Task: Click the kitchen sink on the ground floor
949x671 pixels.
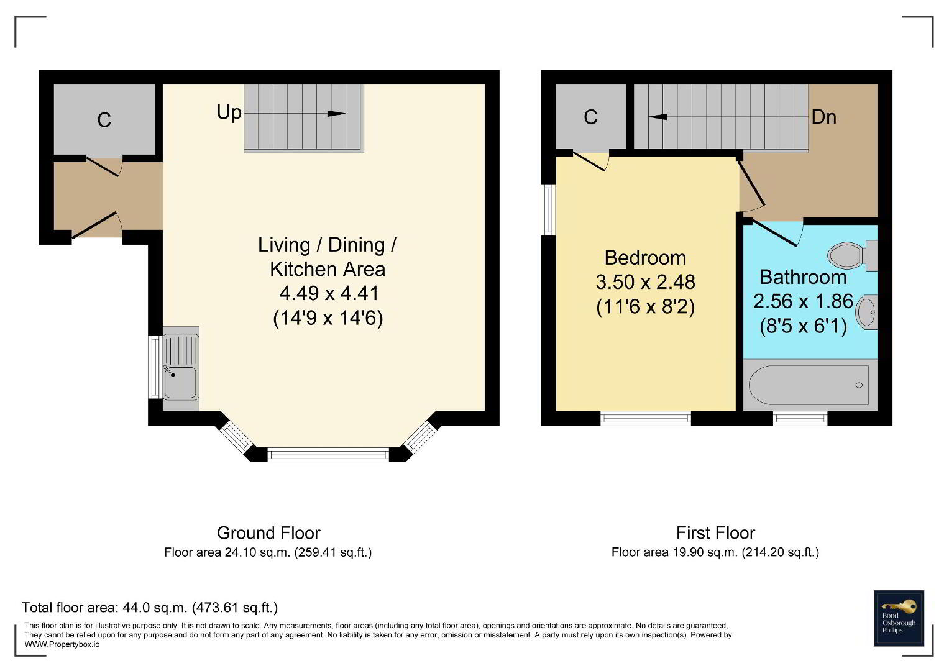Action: click(180, 368)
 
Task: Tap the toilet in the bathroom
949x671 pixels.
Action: click(852, 255)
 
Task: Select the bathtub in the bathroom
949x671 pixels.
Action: click(810, 385)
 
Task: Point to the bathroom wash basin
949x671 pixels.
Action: click(866, 313)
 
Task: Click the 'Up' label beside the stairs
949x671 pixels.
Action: click(229, 113)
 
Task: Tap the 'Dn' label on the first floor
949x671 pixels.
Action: click(824, 117)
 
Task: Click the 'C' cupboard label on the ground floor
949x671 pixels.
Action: click(104, 120)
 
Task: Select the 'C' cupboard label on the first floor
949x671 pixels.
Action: click(590, 117)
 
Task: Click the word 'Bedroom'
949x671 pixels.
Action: click(645, 258)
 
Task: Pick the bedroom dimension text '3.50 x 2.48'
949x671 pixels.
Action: click(645, 282)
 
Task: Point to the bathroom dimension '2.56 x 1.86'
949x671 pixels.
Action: click(803, 301)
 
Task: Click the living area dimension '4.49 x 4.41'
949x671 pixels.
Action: click(329, 293)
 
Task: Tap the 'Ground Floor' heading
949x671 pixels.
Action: click(268, 533)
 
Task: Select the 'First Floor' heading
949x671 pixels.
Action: click(715, 533)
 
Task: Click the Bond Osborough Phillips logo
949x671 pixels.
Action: click(899, 618)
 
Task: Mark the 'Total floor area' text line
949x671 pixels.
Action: click(150, 608)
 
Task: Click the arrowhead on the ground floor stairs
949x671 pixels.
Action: click(337, 114)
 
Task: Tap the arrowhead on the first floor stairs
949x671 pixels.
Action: click(658, 117)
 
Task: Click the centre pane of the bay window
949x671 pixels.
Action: click(328, 455)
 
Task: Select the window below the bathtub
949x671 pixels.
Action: click(800, 419)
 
